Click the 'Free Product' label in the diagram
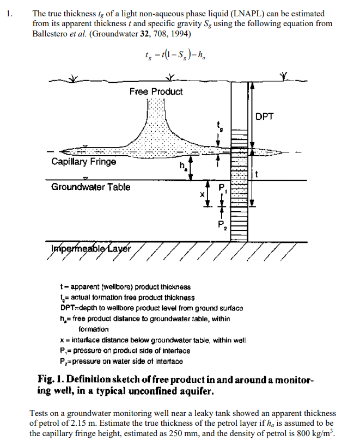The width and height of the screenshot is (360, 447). [x=156, y=91]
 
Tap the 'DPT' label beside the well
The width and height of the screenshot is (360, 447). [x=265, y=116]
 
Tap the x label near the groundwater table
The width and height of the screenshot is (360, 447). [x=201, y=194]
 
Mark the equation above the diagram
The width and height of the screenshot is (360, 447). [x=171, y=53]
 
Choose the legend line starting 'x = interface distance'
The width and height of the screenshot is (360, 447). [x=152, y=340]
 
